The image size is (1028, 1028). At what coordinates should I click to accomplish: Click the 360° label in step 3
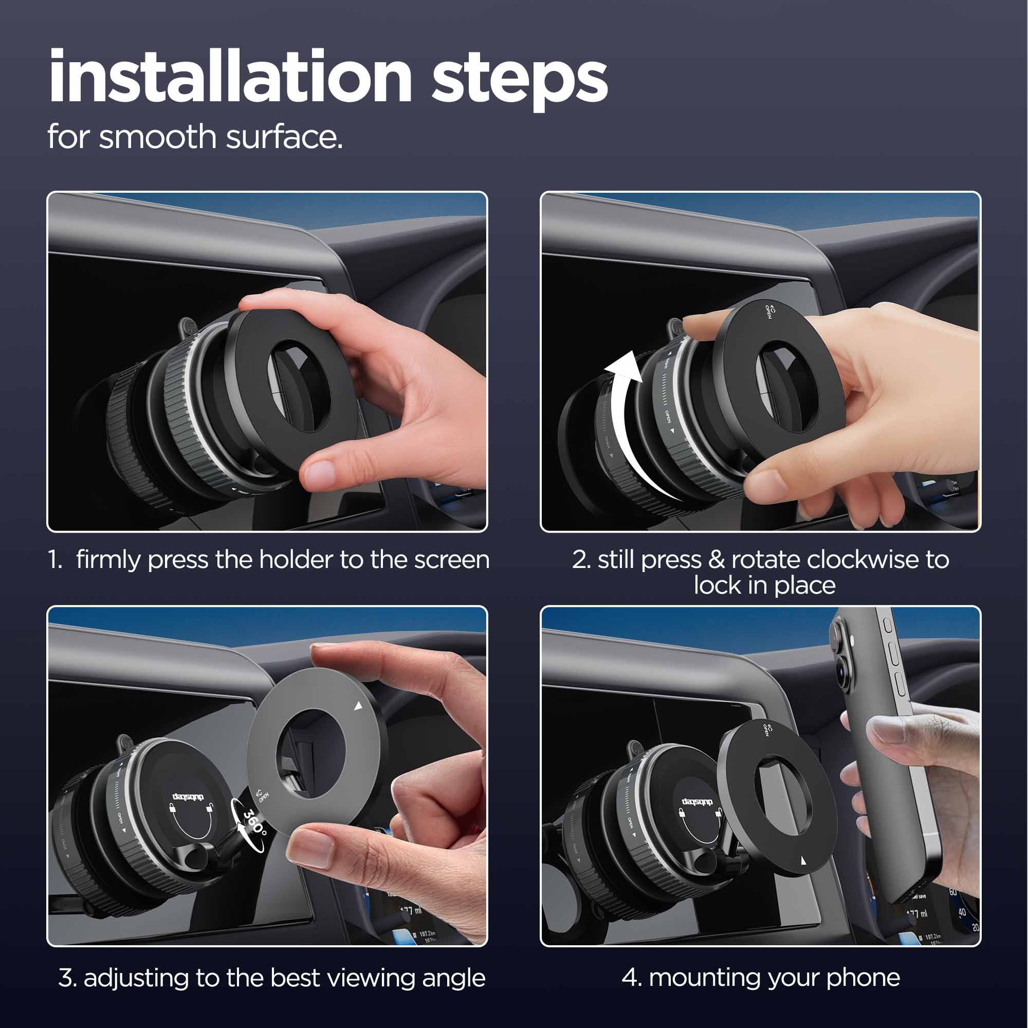pyautogui.click(x=254, y=822)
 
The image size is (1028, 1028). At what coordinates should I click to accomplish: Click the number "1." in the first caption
pyautogui.click(x=57, y=560)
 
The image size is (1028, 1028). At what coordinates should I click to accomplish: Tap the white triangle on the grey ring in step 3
pyautogui.click(x=358, y=706)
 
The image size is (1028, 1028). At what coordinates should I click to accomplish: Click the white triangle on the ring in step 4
pyautogui.click(x=803, y=860)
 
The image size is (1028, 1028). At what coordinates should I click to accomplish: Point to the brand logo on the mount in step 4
pyautogui.click(x=696, y=801)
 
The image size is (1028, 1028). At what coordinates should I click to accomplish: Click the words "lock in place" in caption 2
pyautogui.click(x=764, y=585)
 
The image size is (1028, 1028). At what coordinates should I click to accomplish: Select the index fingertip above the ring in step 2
pyautogui.click(x=697, y=322)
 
